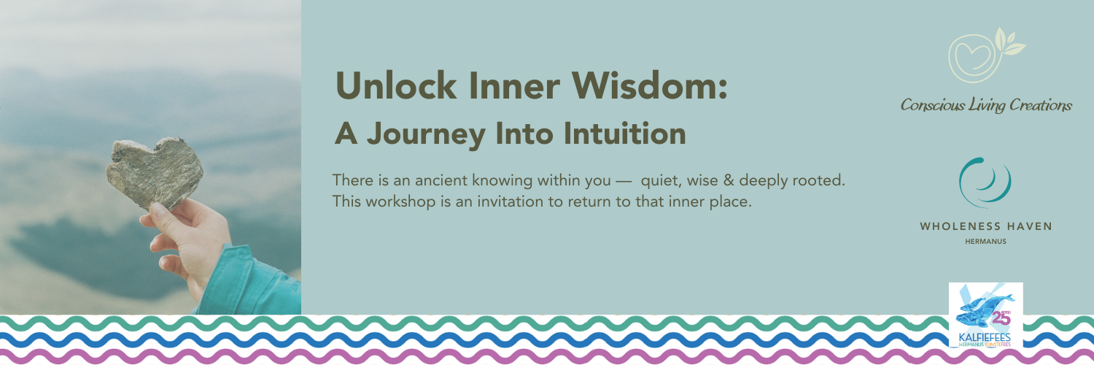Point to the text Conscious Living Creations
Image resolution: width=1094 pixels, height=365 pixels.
[x=986, y=105]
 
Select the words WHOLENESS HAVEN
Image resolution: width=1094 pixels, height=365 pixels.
[x=986, y=226]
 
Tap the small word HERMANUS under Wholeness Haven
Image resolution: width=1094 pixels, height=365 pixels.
[x=986, y=241]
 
